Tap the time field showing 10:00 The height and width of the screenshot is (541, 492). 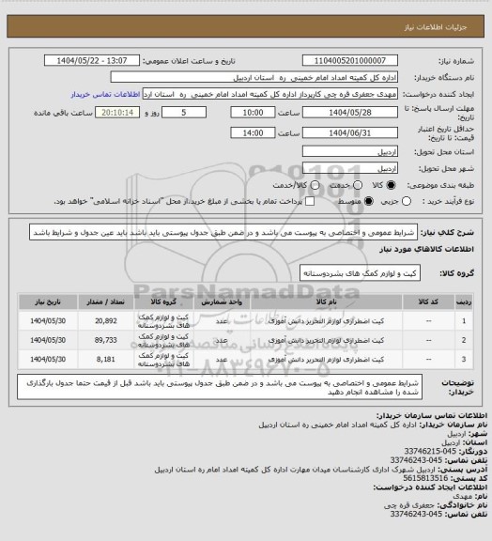point(253,111)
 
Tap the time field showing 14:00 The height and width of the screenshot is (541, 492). point(253,133)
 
